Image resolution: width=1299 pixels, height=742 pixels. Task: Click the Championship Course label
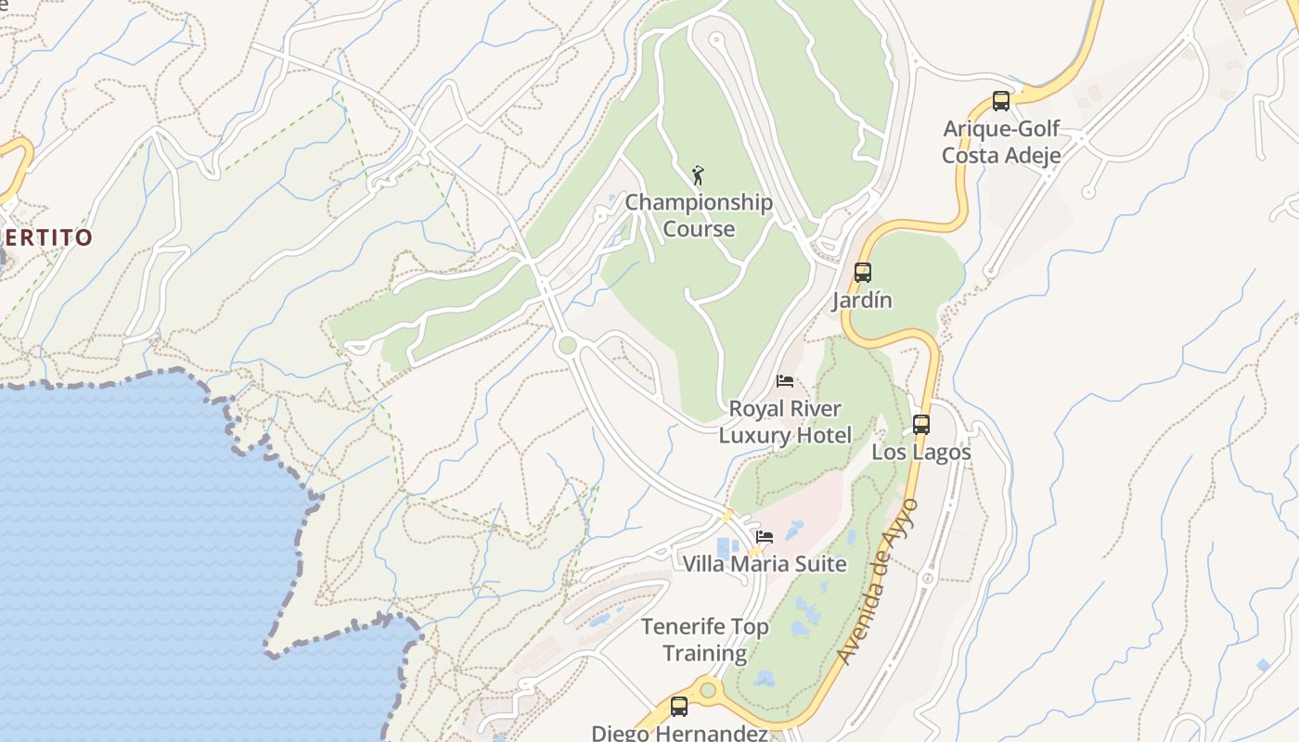click(699, 215)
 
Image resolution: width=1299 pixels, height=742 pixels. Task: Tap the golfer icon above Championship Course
click(699, 174)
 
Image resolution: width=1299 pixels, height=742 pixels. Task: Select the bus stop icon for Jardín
click(863, 273)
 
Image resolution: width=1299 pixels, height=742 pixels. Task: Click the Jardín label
click(862, 301)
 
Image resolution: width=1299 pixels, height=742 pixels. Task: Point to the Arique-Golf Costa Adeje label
click(1001, 142)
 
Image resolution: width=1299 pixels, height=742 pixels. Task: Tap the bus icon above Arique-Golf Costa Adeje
click(1000, 101)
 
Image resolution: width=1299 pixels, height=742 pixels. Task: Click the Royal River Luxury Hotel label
click(785, 422)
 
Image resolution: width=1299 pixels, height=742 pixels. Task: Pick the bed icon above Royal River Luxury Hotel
click(785, 381)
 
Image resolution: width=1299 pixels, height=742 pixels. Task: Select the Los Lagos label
click(921, 453)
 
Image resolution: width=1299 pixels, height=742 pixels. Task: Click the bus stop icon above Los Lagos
click(921, 425)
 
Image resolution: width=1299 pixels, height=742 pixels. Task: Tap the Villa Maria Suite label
click(765, 564)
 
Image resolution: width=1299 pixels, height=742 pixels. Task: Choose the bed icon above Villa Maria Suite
click(765, 536)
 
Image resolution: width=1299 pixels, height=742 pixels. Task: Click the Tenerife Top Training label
click(705, 640)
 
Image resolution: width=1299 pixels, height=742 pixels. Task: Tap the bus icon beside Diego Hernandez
click(679, 707)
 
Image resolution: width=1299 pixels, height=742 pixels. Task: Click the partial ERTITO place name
click(48, 237)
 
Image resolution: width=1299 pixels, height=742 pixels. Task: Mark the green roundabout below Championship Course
click(567, 346)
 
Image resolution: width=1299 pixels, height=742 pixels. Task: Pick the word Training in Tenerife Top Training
click(705, 654)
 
